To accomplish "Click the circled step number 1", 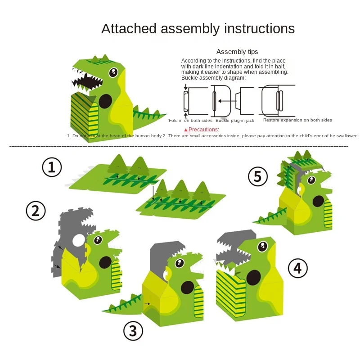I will pyautogui.click(x=52, y=167).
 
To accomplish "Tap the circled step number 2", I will pyautogui.click(x=36, y=211).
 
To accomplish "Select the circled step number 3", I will pyautogui.click(x=133, y=331).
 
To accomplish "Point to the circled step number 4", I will pyautogui.click(x=297, y=268).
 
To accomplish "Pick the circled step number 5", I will pyautogui.click(x=257, y=176).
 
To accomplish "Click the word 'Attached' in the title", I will pyautogui.click(x=129, y=28).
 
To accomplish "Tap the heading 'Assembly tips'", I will pyautogui.click(x=237, y=52).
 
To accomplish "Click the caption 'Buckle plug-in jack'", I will pyautogui.click(x=234, y=120).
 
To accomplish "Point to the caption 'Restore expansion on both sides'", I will pyautogui.click(x=297, y=120).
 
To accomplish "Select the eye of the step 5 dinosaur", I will pyautogui.click(x=310, y=180).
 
